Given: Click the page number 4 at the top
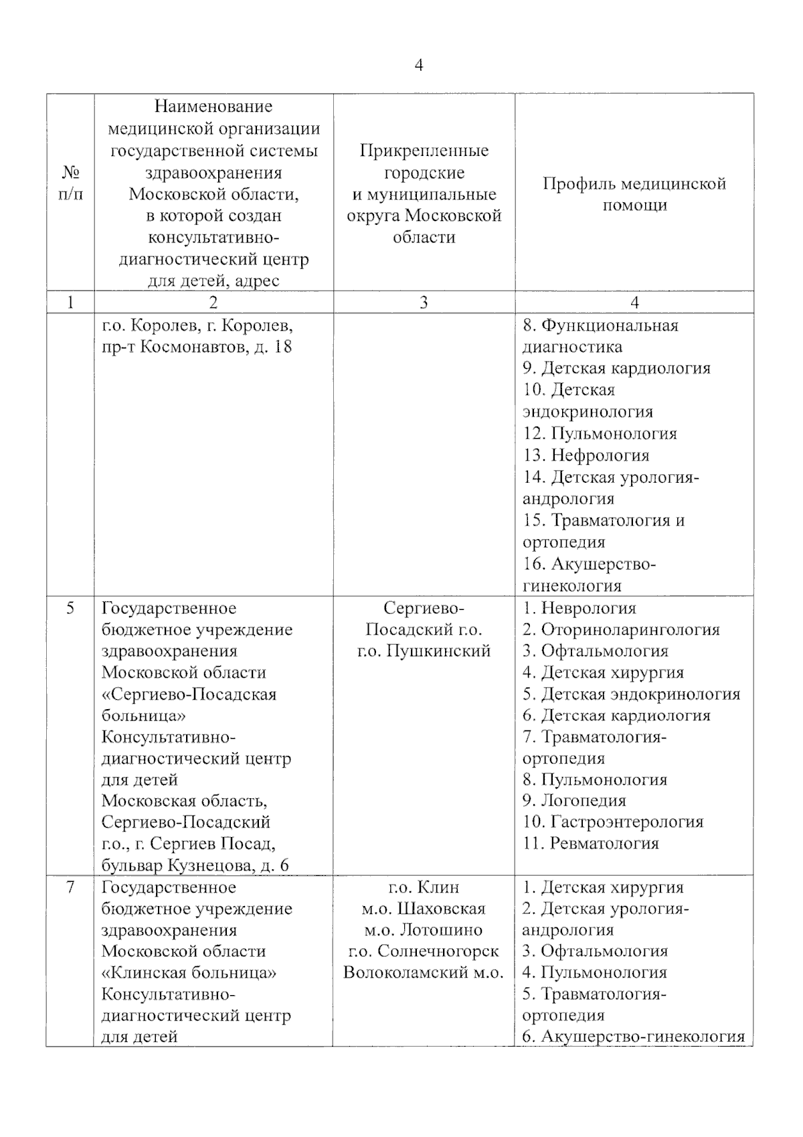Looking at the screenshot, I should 419,65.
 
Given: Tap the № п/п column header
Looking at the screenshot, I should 70,184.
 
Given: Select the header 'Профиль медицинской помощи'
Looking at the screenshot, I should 634,194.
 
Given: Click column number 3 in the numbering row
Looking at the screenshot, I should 424,303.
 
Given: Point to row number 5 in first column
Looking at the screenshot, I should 70,608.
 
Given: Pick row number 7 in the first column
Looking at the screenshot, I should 70,887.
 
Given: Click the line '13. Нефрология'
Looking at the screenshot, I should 586,455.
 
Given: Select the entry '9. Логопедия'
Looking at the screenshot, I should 574,800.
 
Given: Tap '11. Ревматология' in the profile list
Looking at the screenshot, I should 591,843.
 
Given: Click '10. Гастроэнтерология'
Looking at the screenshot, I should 613,822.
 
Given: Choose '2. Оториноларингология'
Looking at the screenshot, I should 621,629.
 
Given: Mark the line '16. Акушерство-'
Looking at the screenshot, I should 590,564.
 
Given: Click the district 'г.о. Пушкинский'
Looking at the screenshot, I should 424,651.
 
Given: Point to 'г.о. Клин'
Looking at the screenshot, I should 424,887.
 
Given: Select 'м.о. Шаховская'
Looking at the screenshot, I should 424,909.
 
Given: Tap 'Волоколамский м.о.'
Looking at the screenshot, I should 424,972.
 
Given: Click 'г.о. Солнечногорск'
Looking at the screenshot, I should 424,951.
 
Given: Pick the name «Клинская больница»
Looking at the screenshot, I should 189,972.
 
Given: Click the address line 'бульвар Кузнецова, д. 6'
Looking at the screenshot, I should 195,865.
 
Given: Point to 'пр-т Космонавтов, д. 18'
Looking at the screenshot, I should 197,347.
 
